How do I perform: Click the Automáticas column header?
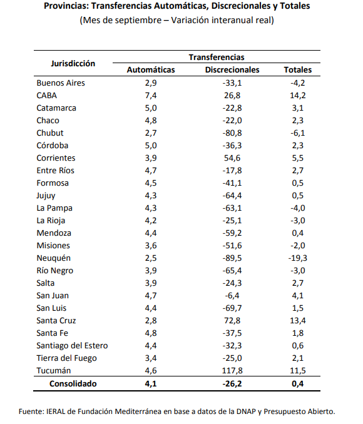pyautogui.click(x=151, y=70)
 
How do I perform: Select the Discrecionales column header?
pyautogui.click(x=232, y=70)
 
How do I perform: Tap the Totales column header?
pyautogui.click(x=298, y=70)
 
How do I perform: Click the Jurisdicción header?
pyautogui.click(x=73, y=64)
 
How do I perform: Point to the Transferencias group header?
pyautogui.click(x=217, y=58)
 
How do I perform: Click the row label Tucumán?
pyautogui.click(x=54, y=370)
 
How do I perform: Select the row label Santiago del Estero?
pyautogui.click(x=72, y=346)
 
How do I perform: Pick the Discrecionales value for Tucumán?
pyautogui.click(x=232, y=370)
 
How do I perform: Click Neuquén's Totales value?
pyautogui.click(x=298, y=258)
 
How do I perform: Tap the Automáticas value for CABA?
pyautogui.click(x=151, y=96)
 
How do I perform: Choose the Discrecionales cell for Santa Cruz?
pyautogui.click(x=232, y=320)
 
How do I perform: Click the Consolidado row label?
pyautogui.click(x=73, y=384)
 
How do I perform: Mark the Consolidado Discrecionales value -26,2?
pyautogui.click(x=232, y=384)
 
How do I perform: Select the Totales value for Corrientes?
pyautogui.click(x=298, y=158)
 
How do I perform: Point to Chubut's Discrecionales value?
pyautogui.click(x=232, y=133)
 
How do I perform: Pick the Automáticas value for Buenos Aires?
pyautogui.click(x=151, y=83)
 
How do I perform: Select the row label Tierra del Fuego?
pyautogui.click(x=66, y=358)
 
